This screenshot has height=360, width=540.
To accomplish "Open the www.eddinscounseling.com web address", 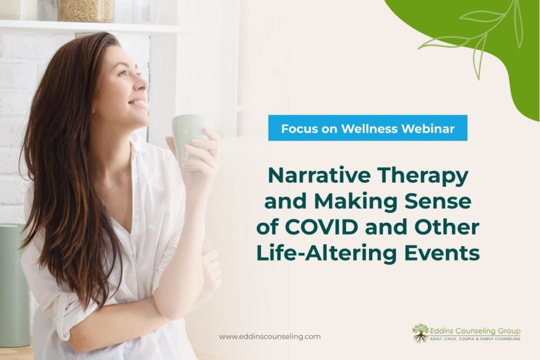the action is pyautogui.click(x=269, y=336).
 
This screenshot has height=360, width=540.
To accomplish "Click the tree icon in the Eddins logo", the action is pyautogui.click(x=420, y=334).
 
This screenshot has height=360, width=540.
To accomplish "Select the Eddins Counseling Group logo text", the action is pyautogui.click(x=475, y=331).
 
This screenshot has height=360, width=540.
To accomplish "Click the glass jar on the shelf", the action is pyautogui.click(x=85, y=10).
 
